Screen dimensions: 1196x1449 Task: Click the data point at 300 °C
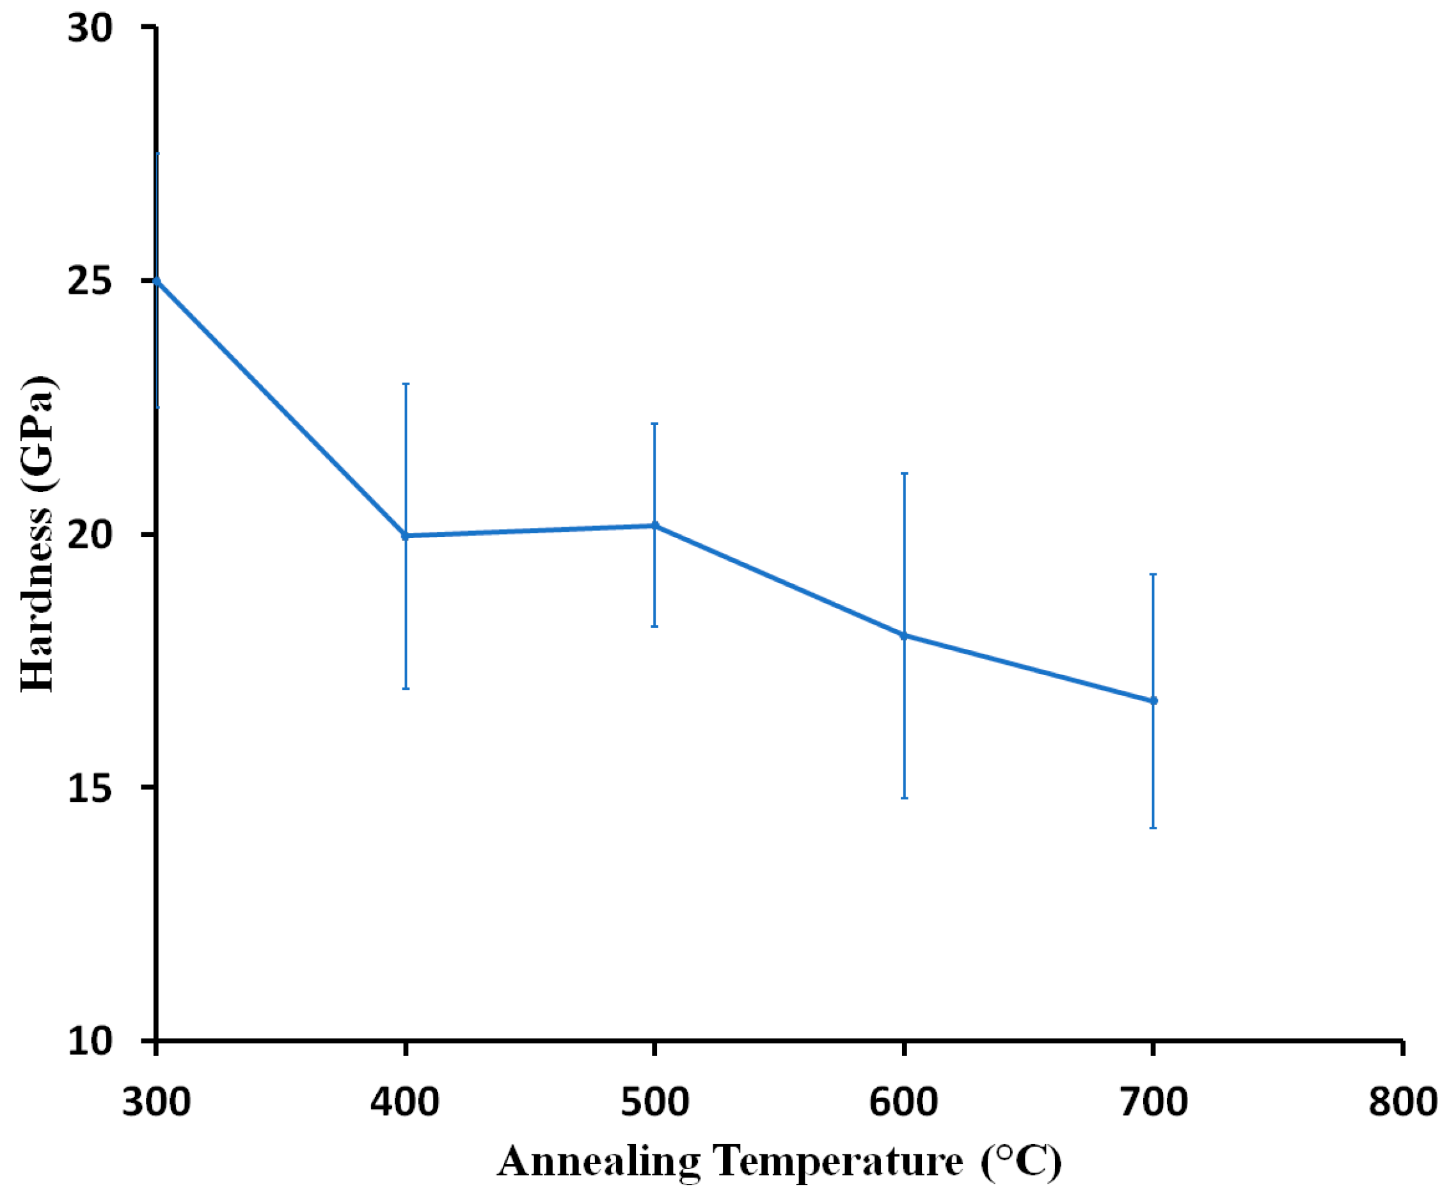pos(156,281)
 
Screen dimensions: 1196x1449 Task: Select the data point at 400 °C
pos(406,536)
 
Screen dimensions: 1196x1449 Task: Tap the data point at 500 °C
pos(655,525)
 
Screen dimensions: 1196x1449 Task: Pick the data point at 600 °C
pos(904,635)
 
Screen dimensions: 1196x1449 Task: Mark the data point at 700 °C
pos(1153,701)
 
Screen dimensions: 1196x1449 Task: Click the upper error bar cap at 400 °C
pos(406,384)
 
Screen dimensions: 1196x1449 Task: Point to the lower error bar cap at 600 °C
pos(904,798)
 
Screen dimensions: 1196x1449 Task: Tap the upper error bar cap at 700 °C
pos(1153,574)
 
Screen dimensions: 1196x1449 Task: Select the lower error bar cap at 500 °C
pos(655,626)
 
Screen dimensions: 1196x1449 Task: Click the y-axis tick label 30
pos(90,29)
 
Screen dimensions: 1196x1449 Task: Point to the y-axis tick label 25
pos(90,282)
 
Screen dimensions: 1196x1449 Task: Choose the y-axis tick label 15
pos(90,788)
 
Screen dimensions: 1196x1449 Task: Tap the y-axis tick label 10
pos(90,1041)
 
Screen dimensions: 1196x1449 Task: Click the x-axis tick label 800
pos(1402,1102)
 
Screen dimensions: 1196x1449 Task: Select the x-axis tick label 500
pos(655,1102)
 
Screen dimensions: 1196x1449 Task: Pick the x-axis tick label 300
pos(156,1102)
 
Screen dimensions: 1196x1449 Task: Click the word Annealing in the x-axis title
pos(598,1163)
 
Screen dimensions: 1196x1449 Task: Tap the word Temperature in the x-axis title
pos(837,1163)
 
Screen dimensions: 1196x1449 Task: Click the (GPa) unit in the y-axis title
pos(38,433)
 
